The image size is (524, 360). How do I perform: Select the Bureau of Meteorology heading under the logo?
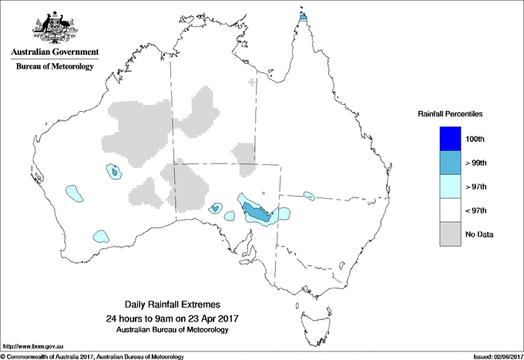click(54, 67)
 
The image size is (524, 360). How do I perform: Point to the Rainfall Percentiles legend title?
click(450, 113)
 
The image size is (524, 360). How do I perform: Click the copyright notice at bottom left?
click(92, 356)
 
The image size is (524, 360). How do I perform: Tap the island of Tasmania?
click(311, 318)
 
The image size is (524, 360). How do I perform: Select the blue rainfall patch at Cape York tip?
click(303, 16)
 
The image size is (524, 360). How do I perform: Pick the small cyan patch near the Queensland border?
click(309, 195)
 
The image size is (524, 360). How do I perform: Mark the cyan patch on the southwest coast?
click(100, 235)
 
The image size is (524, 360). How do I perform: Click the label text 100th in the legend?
click(475, 139)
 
